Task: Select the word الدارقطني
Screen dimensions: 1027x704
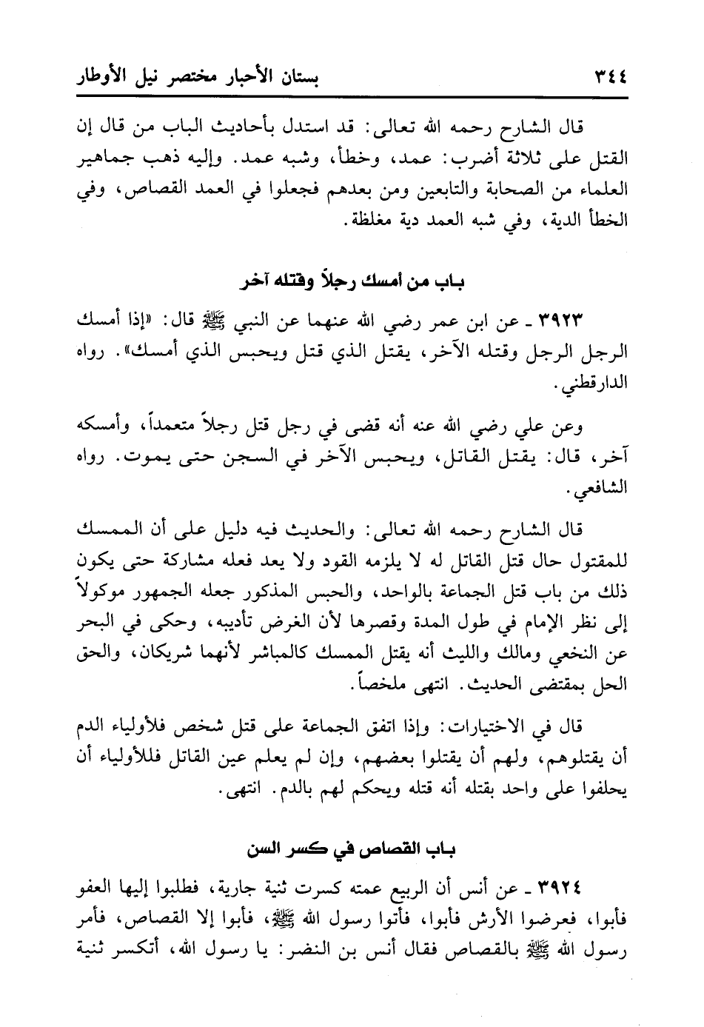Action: tap(600, 386)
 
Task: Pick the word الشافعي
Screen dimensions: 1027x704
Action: tap(601, 489)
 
